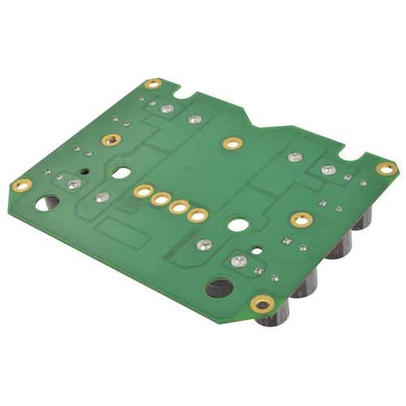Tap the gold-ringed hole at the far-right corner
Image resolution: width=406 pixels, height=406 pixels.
[387, 169]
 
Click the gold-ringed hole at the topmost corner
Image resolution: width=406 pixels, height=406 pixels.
[153, 84]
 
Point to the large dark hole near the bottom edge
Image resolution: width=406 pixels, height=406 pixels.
[218, 287]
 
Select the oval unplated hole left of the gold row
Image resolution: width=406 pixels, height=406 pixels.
[121, 173]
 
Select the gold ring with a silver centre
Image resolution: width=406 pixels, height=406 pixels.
[112, 137]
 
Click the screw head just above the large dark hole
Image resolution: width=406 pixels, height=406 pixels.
[239, 261]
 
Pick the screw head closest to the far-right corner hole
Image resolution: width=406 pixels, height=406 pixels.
[327, 171]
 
